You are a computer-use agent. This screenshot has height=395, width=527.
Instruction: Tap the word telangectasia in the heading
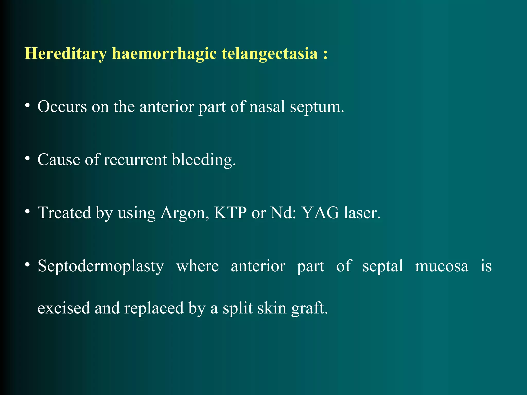[x=270, y=54]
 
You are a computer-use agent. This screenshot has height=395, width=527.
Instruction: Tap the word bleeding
[x=204, y=160]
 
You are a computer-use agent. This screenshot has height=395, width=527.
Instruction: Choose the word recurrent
[x=135, y=160]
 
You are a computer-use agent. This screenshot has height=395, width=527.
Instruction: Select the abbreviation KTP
[x=230, y=213]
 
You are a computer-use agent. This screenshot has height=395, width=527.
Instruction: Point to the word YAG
[x=320, y=213]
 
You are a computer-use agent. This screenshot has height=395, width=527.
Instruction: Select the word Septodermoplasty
[x=101, y=266]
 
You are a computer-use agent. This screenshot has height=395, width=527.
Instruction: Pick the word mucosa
[x=442, y=266]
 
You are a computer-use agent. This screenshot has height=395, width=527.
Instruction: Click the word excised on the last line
[x=64, y=308]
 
